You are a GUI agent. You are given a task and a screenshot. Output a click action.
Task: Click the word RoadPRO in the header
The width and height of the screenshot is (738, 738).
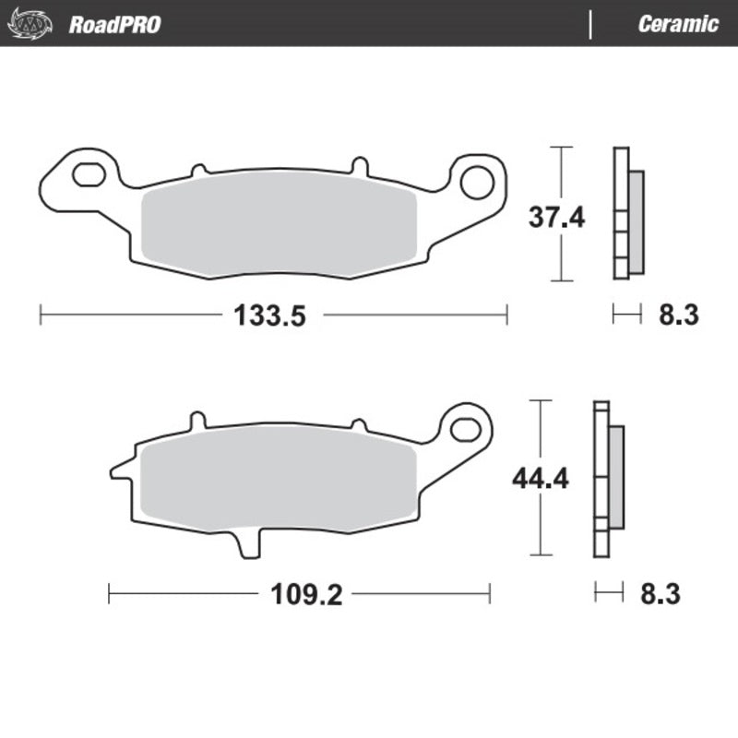point(114,24)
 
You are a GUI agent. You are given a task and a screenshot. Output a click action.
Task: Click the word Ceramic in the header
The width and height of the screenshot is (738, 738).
point(677,24)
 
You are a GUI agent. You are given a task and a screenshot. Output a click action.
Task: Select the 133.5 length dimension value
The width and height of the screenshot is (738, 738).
point(268,316)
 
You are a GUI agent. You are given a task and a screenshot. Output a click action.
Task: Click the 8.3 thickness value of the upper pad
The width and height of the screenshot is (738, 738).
point(678,316)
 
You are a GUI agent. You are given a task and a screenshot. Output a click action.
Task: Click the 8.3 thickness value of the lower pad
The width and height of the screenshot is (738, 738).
point(660,595)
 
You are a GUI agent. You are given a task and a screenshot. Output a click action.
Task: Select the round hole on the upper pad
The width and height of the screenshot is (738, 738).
point(477,182)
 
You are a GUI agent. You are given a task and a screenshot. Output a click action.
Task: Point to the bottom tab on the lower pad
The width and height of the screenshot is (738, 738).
point(247,543)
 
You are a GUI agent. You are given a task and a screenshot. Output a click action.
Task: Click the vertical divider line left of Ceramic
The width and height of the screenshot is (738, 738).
point(589,24)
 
